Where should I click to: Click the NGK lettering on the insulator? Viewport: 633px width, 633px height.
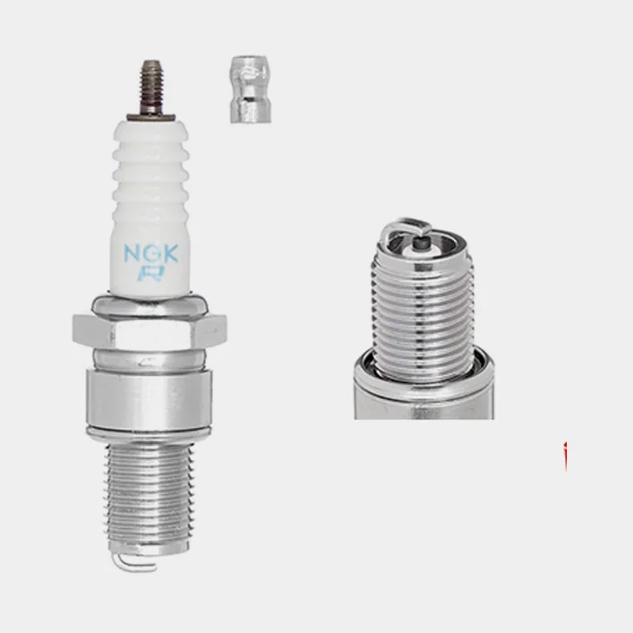150,253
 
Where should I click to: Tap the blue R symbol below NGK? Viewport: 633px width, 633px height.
150,273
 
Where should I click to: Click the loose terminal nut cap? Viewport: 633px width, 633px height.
251,90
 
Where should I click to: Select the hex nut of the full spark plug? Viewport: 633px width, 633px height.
150,331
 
